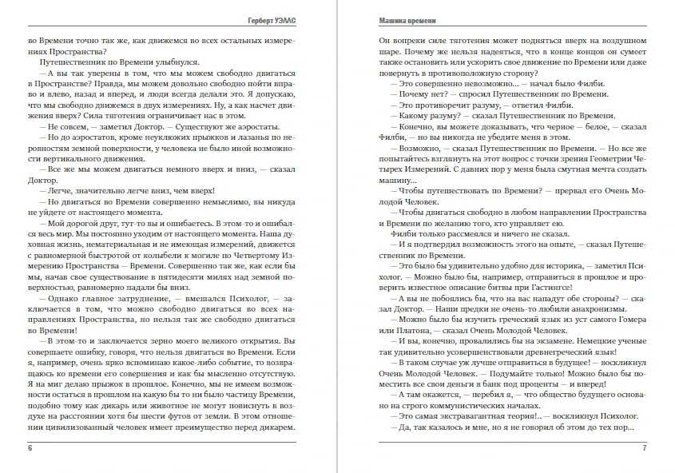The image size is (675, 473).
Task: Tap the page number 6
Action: [x=30, y=447]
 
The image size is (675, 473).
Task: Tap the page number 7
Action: [x=643, y=447]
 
